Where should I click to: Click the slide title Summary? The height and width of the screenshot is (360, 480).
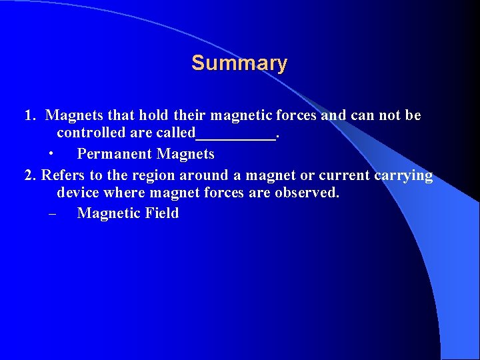239,63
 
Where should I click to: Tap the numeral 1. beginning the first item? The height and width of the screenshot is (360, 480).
30,115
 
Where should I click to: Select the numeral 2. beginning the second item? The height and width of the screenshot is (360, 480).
30,176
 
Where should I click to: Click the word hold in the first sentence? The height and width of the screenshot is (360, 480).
153,115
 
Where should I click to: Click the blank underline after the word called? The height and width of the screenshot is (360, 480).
235,136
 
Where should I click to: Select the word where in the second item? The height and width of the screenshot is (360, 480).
125,193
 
